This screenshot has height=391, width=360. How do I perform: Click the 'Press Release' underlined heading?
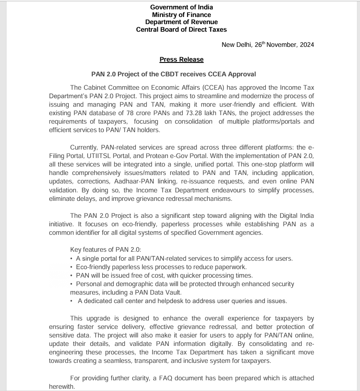tap(181, 59)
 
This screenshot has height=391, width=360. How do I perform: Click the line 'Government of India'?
tap(181, 7)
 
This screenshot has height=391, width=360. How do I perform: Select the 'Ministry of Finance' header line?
tap(181, 15)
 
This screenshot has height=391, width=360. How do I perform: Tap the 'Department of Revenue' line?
tap(181, 22)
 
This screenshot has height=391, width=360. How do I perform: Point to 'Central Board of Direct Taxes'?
tap(181, 29)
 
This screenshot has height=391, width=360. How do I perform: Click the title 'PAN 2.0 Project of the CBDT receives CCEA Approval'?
tap(180, 74)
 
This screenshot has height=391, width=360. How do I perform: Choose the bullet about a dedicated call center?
tap(182, 301)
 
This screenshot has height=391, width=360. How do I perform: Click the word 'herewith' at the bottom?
tap(62, 387)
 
